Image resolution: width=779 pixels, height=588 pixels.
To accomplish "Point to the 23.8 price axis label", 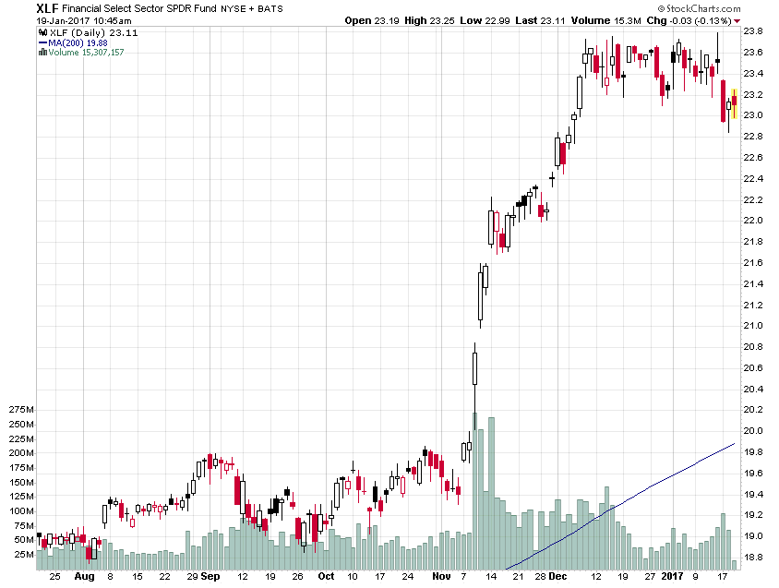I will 753,31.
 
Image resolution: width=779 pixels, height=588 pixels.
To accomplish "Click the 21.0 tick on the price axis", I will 753,326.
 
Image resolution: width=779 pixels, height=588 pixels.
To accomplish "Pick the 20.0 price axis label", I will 753,431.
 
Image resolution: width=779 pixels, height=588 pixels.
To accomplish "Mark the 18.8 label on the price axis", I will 753,558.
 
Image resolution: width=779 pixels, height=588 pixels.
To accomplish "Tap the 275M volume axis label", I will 18,409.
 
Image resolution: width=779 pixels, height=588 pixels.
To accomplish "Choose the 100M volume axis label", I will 18,511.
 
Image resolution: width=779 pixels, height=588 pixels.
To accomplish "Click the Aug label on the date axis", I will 84,576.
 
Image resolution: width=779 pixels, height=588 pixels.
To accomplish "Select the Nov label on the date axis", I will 441,576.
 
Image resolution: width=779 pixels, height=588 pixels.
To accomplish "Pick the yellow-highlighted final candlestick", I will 734,103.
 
